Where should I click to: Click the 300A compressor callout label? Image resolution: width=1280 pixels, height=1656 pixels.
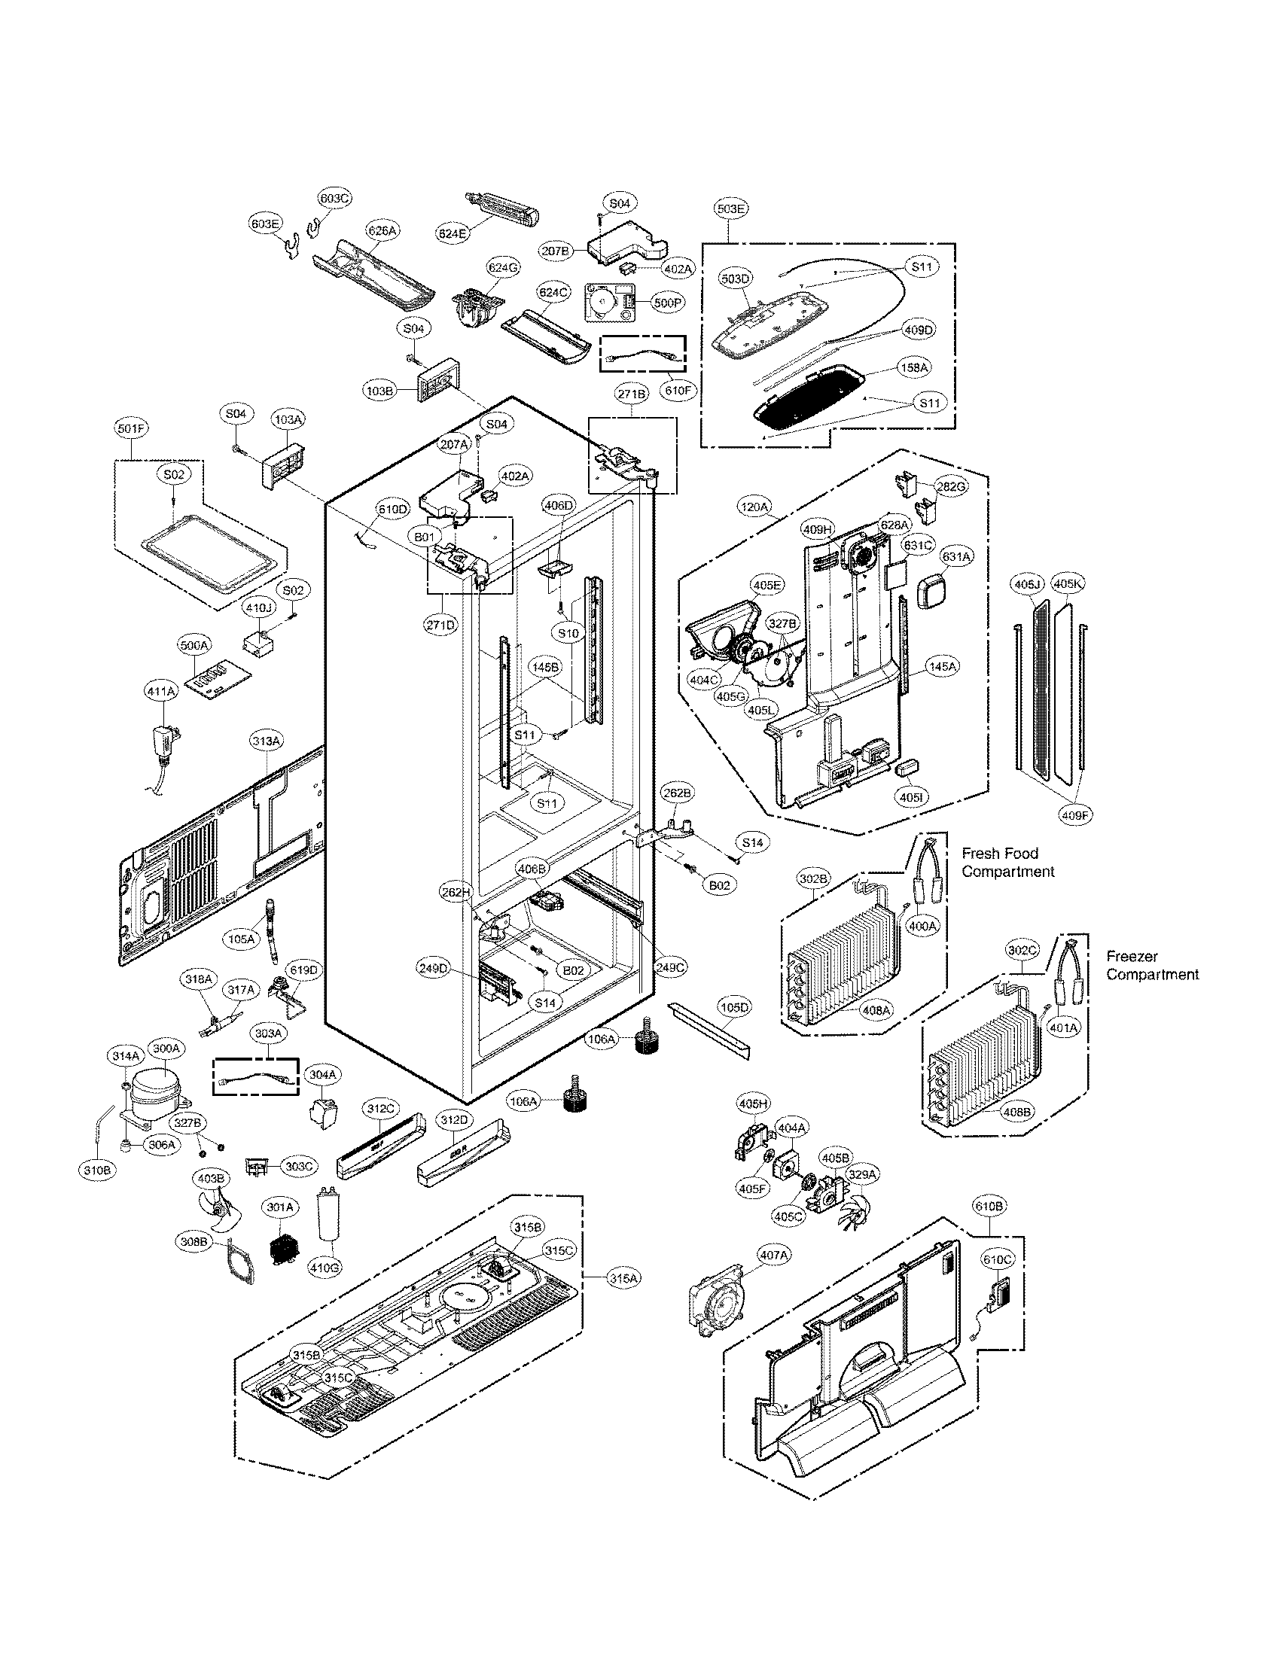pyautogui.click(x=166, y=1049)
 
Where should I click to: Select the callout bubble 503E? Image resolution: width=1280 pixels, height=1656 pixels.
pyautogui.click(x=731, y=207)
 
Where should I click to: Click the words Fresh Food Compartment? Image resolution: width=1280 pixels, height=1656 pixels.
pyautogui.click(x=1007, y=863)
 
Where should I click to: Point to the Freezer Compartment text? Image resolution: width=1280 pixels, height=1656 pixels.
pyautogui.click(x=1152, y=965)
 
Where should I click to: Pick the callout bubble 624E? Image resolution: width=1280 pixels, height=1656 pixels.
pyautogui.click(x=453, y=233)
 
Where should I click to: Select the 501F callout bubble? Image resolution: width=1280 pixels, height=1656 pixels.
pyautogui.click(x=132, y=429)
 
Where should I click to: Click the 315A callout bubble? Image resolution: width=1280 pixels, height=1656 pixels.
pyautogui.click(x=623, y=1278)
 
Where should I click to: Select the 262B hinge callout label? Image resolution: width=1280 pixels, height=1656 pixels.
pyautogui.click(x=677, y=793)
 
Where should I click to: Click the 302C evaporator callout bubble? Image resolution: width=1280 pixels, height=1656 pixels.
pyautogui.click(x=1023, y=949)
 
